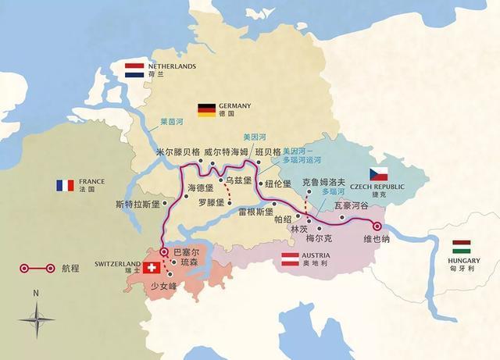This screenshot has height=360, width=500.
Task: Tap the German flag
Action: coord(206,110)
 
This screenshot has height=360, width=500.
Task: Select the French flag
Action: coord(64,185)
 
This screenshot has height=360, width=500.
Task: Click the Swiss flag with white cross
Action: coord(151,268)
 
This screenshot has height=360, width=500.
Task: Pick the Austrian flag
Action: coord(291,259)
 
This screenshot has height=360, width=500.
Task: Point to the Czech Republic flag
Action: coord(379,174)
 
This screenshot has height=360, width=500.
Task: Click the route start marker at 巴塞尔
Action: coord(162,251)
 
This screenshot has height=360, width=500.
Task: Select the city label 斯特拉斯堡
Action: coord(136,205)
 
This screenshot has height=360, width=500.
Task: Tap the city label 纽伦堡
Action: coord(277,184)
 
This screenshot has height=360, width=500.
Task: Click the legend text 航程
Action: coord(70,268)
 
